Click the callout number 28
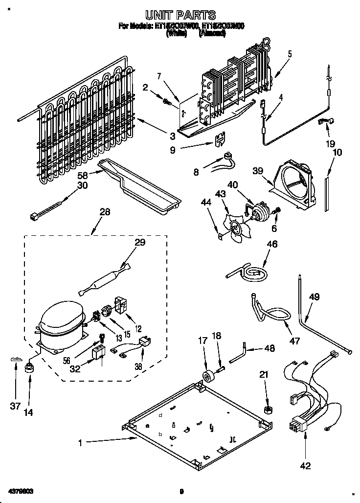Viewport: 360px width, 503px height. [x=104, y=212]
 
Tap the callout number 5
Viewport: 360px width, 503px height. [x=289, y=54]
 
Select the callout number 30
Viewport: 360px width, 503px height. [x=83, y=185]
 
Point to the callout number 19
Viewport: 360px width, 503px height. [x=330, y=144]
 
